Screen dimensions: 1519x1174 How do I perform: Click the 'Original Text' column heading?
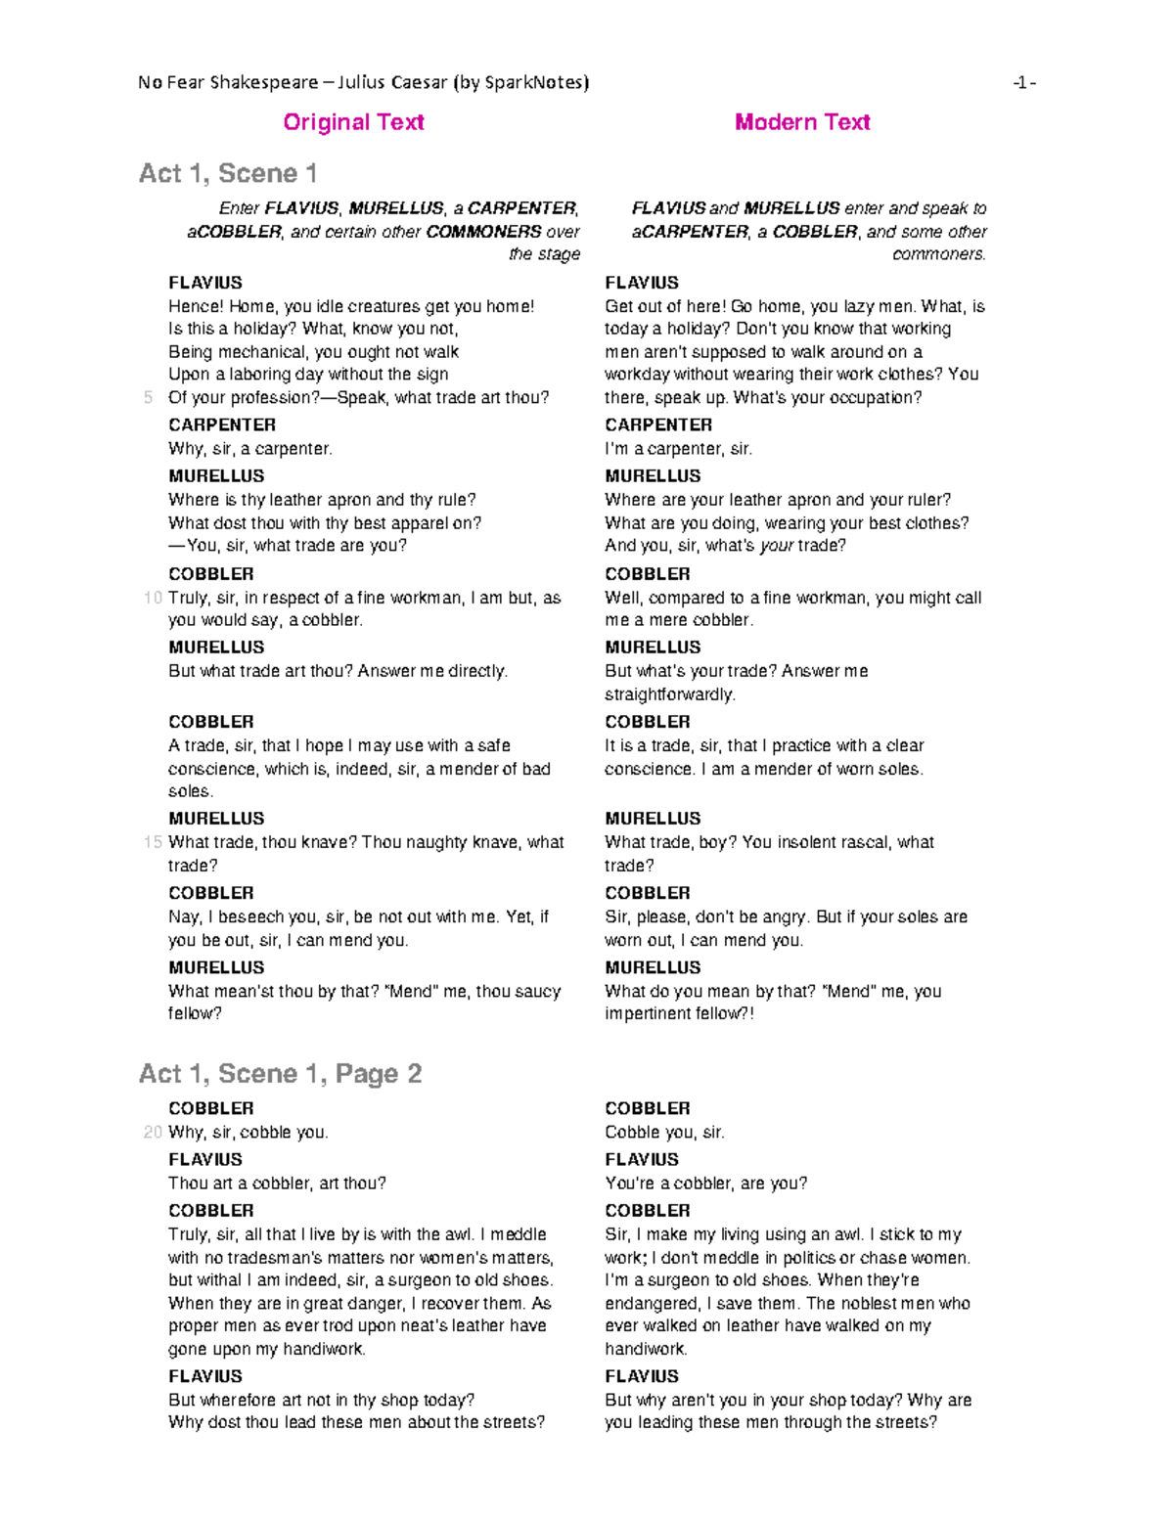coord(353,122)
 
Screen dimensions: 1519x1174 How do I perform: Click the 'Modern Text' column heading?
coord(802,122)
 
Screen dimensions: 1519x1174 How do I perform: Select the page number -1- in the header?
coord(1024,82)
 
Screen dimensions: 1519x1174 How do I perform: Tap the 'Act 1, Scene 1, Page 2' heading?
coord(280,1074)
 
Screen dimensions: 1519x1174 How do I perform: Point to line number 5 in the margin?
coord(149,397)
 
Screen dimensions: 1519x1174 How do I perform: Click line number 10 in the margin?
coord(152,598)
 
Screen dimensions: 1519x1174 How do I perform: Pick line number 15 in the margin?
coord(152,842)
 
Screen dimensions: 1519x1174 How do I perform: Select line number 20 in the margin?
coord(152,1132)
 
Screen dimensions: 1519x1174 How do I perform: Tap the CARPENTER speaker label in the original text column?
coord(222,424)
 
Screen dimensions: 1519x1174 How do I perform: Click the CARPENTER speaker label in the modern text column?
coord(658,424)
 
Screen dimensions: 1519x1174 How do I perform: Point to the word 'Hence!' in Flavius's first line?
coord(196,306)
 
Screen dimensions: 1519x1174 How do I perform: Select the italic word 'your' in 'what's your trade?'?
coord(776,546)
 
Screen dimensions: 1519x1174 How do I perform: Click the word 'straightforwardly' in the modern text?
coord(668,694)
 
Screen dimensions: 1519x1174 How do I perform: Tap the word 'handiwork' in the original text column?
coord(323,1349)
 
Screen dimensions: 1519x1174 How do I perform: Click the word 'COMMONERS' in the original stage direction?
coord(483,232)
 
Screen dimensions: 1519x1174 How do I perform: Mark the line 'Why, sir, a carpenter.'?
coord(250,449)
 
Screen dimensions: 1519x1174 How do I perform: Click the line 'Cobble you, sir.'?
coord(664,1132)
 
